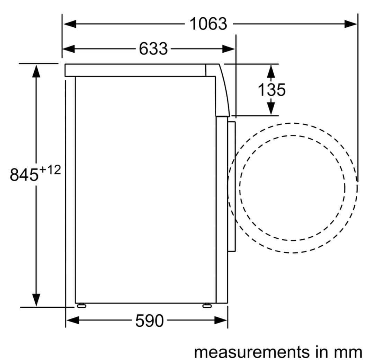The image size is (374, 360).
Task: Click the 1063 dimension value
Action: tap(208, 24)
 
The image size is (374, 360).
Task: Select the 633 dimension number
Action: tap(153, 49)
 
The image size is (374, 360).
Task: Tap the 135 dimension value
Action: tap(272, 90)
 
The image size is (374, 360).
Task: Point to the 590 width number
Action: tap(150, 321)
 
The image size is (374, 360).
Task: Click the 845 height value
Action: tap(24, 174)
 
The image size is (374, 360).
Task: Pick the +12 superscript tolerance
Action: tap(50, 170)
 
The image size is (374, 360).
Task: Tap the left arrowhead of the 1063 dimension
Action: tap(70, 24)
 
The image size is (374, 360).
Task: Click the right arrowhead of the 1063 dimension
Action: tap(351, 24)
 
